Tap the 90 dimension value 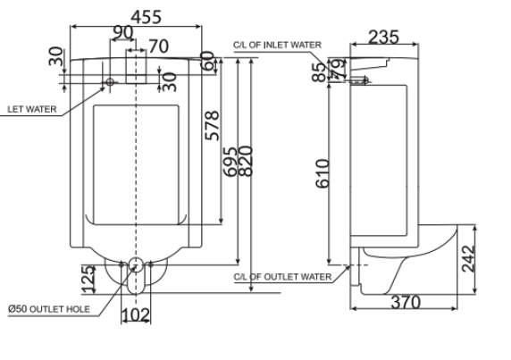[123, 33]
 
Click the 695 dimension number [231, 162]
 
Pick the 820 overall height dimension [245, 162]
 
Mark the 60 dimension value [208, 62]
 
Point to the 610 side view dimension [323, 172]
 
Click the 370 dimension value [406, 302]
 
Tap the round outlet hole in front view [136, 264]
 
